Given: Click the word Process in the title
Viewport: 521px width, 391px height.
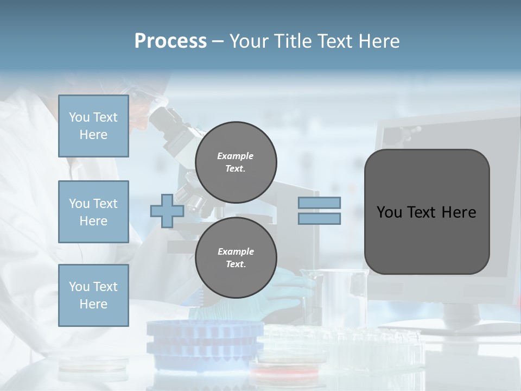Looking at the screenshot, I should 170,41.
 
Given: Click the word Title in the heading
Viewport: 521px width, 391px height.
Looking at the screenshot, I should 294,41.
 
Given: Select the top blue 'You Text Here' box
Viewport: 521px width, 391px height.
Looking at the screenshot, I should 93,126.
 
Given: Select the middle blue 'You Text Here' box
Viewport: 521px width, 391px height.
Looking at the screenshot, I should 93,212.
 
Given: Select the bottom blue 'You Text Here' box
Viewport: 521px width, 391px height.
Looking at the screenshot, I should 93,295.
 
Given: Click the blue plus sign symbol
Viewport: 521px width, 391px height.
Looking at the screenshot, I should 167,211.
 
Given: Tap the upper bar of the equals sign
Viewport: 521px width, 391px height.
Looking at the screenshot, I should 319,203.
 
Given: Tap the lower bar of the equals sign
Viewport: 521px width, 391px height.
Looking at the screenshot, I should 319,219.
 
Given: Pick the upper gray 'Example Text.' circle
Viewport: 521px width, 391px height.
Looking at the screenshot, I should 236,162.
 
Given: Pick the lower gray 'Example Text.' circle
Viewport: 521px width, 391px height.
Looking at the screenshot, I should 236,257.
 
